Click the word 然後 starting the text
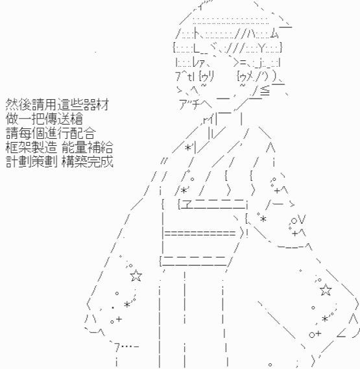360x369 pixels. pos(18,104)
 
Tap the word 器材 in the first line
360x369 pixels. pos(96,104)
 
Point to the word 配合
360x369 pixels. pos(83,133)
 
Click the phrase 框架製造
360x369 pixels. pos(31,148)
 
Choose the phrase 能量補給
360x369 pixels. pos(88,148)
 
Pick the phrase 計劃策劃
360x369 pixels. pos(31,162)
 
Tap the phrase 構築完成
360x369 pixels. pos(88,162)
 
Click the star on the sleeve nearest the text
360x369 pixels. pos(136,276)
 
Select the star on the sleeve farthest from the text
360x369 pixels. pos(326,290)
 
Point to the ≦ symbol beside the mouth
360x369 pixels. pos(265,91)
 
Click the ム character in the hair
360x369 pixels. pos(274,34)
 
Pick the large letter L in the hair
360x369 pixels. pos(197,48)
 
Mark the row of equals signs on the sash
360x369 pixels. pos(200,233)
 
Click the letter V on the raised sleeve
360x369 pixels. pos(302,219)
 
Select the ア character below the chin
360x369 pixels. pos(183,104)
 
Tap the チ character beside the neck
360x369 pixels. pos(195,104)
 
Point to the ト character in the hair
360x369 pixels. pos(197,34)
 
